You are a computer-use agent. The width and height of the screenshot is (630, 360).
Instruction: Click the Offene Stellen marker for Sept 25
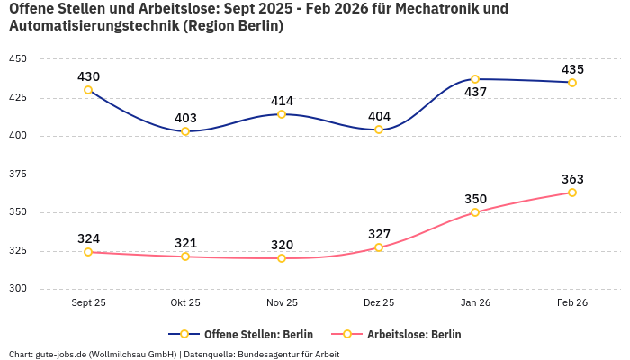[x=88, y=90]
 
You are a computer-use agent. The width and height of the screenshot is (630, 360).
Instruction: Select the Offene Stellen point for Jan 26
[x=475, y=79]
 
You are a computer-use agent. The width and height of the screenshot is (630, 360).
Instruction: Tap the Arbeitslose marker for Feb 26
[x=571, y=193]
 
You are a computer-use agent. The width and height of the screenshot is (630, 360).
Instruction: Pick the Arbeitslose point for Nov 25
[x=282, y=258]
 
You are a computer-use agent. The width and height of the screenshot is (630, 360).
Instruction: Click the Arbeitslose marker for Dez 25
[x=379, y=247]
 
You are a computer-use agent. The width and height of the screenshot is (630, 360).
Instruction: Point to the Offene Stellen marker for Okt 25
[x=185, y=131]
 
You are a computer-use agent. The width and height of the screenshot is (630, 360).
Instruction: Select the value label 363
[x=572, y=179]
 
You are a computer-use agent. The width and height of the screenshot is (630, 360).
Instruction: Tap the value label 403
[x=185, y=118]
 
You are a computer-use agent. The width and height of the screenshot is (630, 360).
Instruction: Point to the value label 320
[x=282, y=245]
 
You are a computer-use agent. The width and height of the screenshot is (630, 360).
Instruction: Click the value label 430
[x=88, y=76]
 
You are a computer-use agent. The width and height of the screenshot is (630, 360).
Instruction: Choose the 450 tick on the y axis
[x=18, y=59]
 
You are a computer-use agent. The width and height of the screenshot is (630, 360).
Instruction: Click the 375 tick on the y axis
[x=18, y=175]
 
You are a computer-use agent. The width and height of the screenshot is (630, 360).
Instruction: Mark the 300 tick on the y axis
[x=18, y=289]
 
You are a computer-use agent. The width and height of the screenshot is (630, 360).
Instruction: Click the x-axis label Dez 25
[x=379, y=303]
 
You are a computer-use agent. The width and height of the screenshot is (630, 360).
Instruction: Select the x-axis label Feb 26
[x=572, y=303]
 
